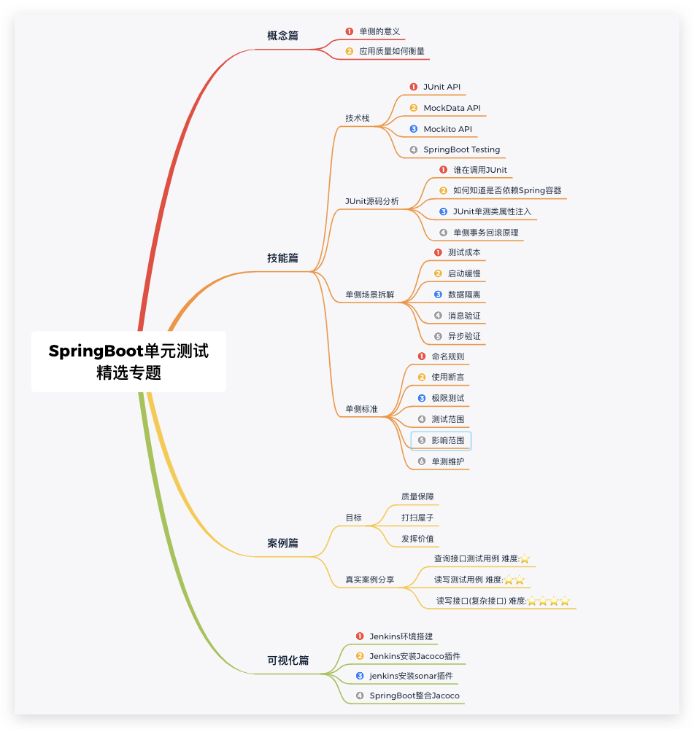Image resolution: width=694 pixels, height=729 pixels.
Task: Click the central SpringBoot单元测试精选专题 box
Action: tap(128, 362)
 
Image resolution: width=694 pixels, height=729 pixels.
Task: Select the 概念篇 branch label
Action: tap(282, 36)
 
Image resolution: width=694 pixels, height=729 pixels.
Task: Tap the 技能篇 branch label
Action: tap(282, 258)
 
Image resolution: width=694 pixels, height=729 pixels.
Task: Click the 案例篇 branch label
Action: tap(282, 543)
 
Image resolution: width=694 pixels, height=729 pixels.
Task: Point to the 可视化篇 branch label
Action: tap(288, 660)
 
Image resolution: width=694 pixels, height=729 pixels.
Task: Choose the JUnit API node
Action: tap(442, 87)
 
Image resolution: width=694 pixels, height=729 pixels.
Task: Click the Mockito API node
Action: tap(447, 129)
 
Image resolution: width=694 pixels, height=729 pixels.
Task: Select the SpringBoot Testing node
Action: tap(461, 149)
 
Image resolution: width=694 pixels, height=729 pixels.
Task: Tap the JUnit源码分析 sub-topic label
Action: tap(372, 201)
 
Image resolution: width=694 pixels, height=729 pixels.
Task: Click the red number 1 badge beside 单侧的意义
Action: tap(350, 31)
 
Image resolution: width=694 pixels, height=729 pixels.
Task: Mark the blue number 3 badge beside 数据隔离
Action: tap(438, 295)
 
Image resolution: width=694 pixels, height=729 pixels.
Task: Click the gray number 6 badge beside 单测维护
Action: tap(422, 461)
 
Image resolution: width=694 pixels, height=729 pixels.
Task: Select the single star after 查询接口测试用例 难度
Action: tap(525, 559)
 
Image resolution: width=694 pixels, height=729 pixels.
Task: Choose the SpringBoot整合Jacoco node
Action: tap(414, 695)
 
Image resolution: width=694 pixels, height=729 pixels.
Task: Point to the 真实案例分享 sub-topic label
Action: tap(369, 580)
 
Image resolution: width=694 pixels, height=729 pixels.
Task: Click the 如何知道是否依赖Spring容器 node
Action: tap(506, 190)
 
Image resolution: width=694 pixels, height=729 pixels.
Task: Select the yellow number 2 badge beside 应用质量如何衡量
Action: tap(350, 52)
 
